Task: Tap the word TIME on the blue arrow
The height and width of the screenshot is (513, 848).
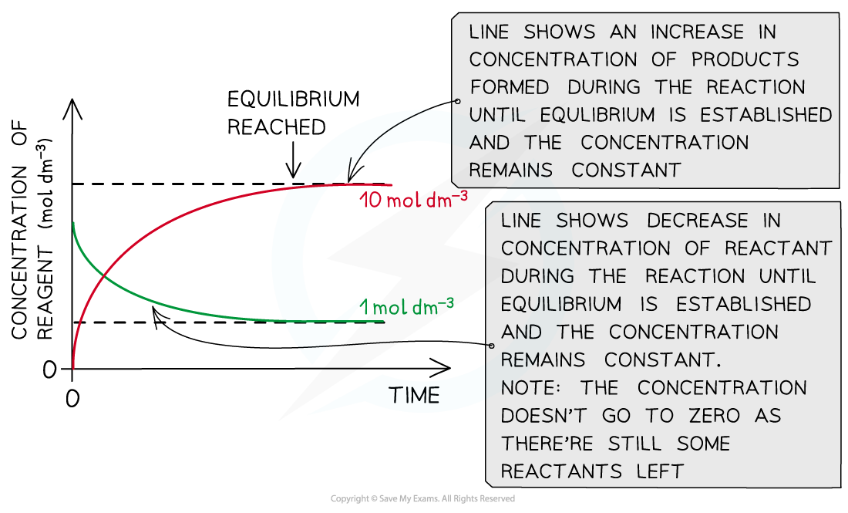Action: point(414,396)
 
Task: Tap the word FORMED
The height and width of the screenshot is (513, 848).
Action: point(509,87)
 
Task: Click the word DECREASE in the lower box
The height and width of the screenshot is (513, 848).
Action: point(697,221)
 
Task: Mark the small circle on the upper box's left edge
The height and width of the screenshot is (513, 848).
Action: point(456,101)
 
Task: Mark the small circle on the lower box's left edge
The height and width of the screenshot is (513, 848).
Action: point(490,346)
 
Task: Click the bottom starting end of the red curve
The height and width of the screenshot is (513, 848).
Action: point(73,368)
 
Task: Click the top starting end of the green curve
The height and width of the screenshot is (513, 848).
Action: point(73,223)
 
